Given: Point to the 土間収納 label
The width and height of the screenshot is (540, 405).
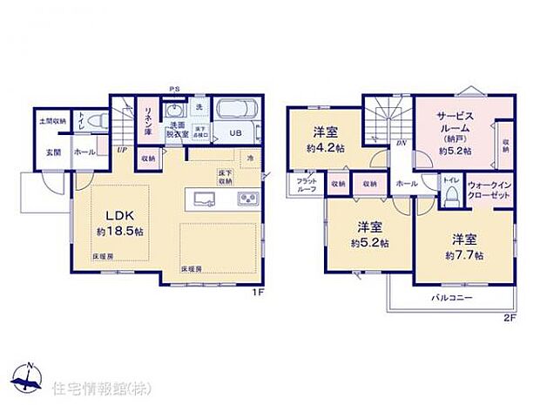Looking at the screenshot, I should click(x=52, y=121).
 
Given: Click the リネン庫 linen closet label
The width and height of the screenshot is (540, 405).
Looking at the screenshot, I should click(x=148, y=120).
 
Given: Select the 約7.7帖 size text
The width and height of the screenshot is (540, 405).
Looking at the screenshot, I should click(x=462, y=254).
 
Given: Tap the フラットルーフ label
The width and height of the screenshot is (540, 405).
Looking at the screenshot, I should click(x=306, y=186).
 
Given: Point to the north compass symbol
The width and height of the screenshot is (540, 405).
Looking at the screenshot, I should click(x=29, y=377).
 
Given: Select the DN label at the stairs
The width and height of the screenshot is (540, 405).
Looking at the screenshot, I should click(x=401, y=145).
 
